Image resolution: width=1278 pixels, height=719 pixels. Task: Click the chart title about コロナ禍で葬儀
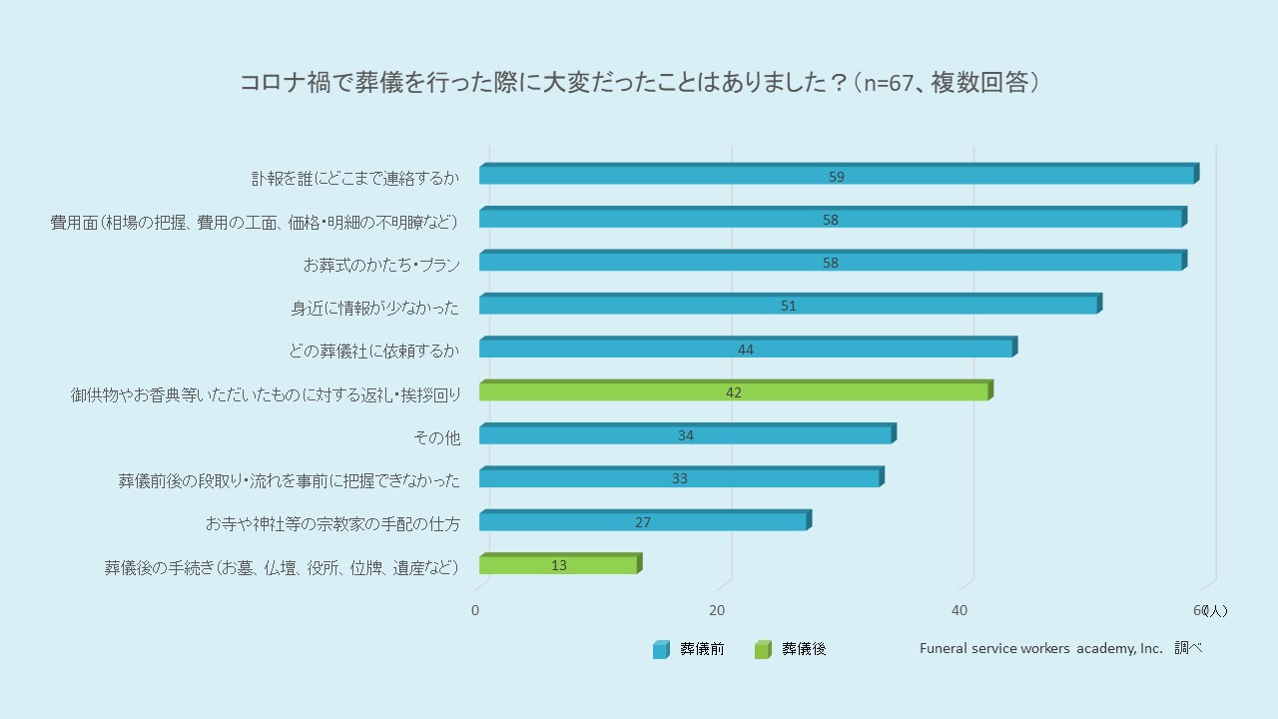tap(639, 83)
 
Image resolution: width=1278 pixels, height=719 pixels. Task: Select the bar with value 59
tap(837, 176)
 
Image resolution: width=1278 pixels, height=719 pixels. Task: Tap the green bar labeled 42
tap(734, 391)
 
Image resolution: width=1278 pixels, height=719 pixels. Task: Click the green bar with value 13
tap(559, 565)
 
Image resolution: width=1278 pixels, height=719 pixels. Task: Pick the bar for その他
tap(686, 435)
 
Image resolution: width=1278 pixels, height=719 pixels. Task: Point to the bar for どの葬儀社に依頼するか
tap(746, 349)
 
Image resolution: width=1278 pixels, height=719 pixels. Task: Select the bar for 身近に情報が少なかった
tap(789, 306)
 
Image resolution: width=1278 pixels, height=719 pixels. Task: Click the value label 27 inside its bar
tap(643, 522)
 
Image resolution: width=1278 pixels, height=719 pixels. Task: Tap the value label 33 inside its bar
tap(680, 478)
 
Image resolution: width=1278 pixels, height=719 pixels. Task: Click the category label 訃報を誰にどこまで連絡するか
tap(355, 179)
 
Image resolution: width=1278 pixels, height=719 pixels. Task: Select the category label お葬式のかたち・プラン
tap(381, 265)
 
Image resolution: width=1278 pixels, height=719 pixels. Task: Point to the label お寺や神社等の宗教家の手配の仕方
tap(332, 523)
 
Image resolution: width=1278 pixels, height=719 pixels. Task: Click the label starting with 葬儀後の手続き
tap(282, 567)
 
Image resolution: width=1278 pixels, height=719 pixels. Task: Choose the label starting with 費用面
tap(255, 222)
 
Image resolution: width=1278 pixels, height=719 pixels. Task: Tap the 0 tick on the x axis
tap(475, 610)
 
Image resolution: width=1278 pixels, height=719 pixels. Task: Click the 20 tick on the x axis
tap(717, 610)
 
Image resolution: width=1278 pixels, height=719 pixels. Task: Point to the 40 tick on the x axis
tap(958, 610)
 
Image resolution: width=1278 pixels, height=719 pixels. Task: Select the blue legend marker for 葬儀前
tap(660, 650)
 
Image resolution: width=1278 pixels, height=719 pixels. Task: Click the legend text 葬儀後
tap(804, 649)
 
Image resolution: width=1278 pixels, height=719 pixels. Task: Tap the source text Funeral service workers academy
tap(1041, 648)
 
